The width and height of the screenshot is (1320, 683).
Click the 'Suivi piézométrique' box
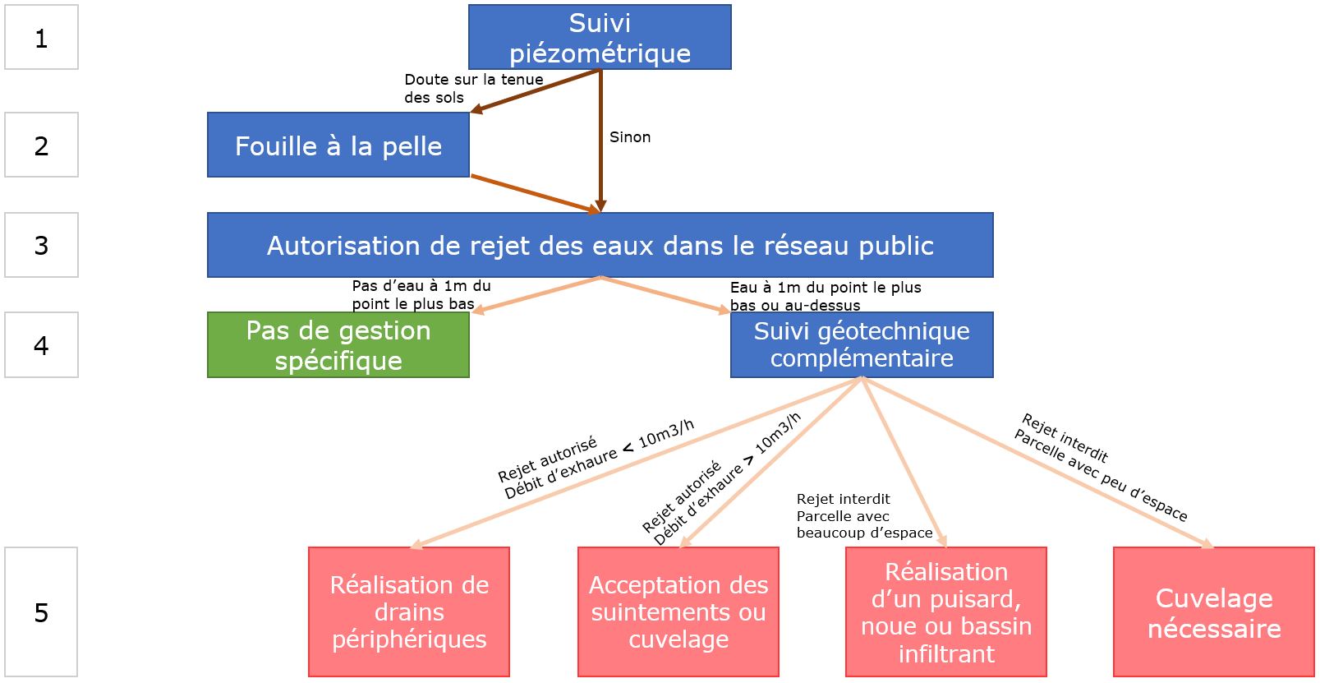[x=600, y=37]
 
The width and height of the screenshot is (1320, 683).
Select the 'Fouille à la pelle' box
[x=338, y=145]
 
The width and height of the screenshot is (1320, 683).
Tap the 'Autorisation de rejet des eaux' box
[x=600, y=245]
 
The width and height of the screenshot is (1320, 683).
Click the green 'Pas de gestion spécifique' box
[x=338, y=345]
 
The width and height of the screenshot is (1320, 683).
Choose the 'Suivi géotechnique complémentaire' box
[x=862, y=345]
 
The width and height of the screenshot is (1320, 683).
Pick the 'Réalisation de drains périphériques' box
[x=409, y=611]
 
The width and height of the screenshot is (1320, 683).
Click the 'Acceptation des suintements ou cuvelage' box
[x=678, y=611]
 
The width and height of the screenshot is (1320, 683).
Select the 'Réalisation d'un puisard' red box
[x=945, y=611]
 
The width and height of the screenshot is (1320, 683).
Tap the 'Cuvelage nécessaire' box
[x=1214, y=611]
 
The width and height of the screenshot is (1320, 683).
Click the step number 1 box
[x=41, y=37]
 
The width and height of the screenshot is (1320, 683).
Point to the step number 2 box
[x=41, y=145]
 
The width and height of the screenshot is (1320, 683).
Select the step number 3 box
[x=41, y=245]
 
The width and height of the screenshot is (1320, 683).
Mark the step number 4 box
[x=41, y=345]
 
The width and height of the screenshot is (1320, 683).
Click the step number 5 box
[x=41, y=611]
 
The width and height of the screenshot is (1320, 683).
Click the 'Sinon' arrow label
[x=630, y=136]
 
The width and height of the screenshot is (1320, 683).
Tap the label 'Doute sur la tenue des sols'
[x=474, y=89]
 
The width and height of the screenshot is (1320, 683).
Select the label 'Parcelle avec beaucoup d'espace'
[x=864, y=524]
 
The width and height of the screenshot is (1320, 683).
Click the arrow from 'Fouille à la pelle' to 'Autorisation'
[x=535, y=193]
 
